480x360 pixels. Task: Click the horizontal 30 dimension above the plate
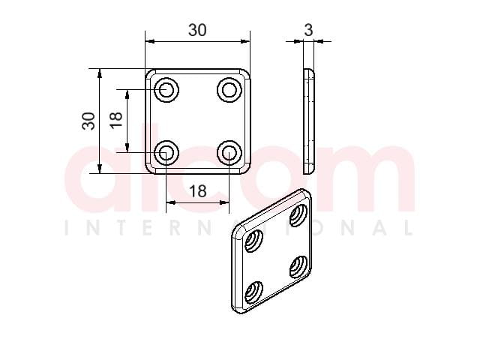point(197,30)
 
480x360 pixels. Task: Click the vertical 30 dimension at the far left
point(88,121)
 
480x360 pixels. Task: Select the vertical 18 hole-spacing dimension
point(116,120)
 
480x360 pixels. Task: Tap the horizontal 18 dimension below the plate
point(198,191)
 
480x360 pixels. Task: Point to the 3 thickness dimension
point(308,30)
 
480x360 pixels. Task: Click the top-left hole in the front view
point(166,90)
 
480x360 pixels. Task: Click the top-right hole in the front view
point(229,90)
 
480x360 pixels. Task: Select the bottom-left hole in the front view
point(166,152)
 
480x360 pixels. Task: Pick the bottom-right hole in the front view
point(229,152)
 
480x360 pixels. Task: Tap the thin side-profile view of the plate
point(308,121)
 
